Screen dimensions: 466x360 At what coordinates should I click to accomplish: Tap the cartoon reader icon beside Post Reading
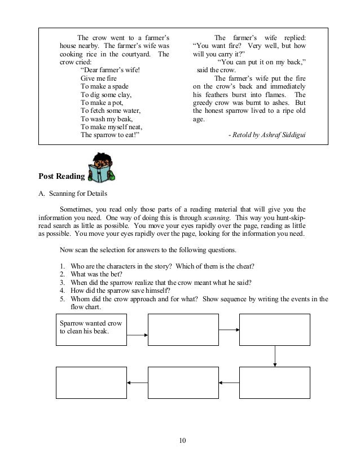coord(101,167)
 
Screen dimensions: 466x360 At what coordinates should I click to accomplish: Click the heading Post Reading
coord(62,177)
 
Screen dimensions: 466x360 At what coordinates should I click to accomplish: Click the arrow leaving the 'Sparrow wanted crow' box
coord(137,335)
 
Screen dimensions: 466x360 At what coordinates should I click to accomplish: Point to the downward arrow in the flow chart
coord(275,355)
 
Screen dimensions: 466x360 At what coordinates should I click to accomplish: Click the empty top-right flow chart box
coord(275,329)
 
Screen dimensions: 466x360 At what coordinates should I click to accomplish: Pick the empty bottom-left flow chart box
coord(91,383)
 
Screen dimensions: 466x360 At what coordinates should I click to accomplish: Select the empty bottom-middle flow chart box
coord(183,383)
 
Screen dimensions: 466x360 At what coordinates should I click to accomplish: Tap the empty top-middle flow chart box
coord(183,329)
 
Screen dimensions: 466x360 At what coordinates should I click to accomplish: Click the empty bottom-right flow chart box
coord(275,383)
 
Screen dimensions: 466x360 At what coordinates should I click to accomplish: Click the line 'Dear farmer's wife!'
coord(111,70)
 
